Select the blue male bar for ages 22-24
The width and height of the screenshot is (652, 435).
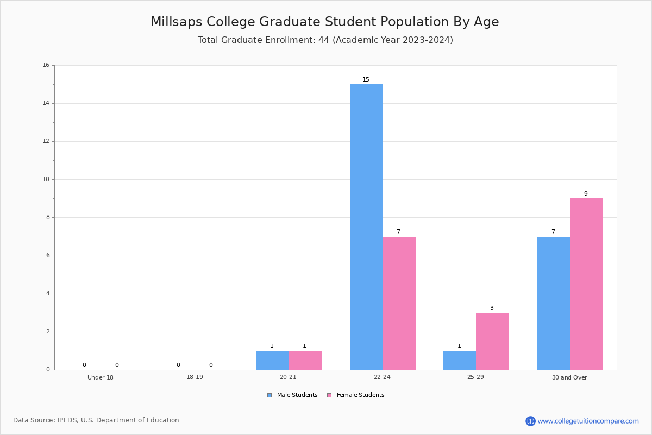pyautogui.click(x=366, y=227)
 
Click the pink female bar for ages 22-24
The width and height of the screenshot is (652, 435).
pyautogui.click(x=399, y=303)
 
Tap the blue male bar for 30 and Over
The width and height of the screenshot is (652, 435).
pyautogui.click(x=554, y=303)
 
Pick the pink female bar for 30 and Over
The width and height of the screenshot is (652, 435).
pyautogui.click(x=586, y=284)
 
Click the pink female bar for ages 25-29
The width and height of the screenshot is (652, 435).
pyautogui.click(x=492, y=341)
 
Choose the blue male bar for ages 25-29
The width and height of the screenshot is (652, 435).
pyautogui.click(x=460, y=360)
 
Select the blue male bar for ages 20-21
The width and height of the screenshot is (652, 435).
pyautogui.click(x=272, y=360)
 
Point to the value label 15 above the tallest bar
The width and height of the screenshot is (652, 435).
pyautogui.click(x=366, y=79)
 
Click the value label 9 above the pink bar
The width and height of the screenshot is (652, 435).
pyautogui.click(x=586, y=194)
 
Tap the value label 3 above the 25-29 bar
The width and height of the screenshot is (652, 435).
pyautogui.click(x=492, y=308)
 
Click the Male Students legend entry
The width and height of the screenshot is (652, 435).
pyautogui.click(x=292, y=395)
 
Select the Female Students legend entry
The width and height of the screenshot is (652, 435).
pyautogui.click(x=356, y=395)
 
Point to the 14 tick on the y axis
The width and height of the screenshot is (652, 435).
pyautogui.click(x=46, y=103)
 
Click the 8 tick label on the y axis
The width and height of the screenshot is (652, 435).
pyautogui.click(x=48, y=217)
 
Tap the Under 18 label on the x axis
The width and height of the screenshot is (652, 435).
pyautogui.click(x=101, y=377)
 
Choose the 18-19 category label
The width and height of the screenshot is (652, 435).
pyautogui.click(x=195, y=377)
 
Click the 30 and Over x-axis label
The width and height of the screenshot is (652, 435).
pyautogui.click(x=569, y=377)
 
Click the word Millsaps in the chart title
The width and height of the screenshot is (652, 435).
pyautogui.click(x=177, y=22)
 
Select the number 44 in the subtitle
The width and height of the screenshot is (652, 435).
pyautogui.click(x=324, y=40)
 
